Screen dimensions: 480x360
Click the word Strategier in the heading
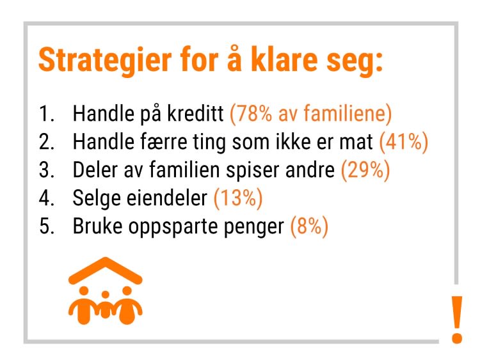point(105,61)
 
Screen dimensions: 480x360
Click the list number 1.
point(47,113)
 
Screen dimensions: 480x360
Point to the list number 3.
point(47,169)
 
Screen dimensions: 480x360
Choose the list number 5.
point(47,226)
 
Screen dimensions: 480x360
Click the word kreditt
point(195,113)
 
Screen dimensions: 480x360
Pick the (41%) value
point(403,142)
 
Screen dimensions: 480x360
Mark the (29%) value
point(365,170)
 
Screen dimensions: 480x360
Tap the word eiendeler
point(167,198)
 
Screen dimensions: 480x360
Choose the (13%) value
point(238,198)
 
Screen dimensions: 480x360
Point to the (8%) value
point(309,226)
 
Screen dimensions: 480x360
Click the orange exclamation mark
point(457,319)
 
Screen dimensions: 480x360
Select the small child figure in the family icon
point(106,305)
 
